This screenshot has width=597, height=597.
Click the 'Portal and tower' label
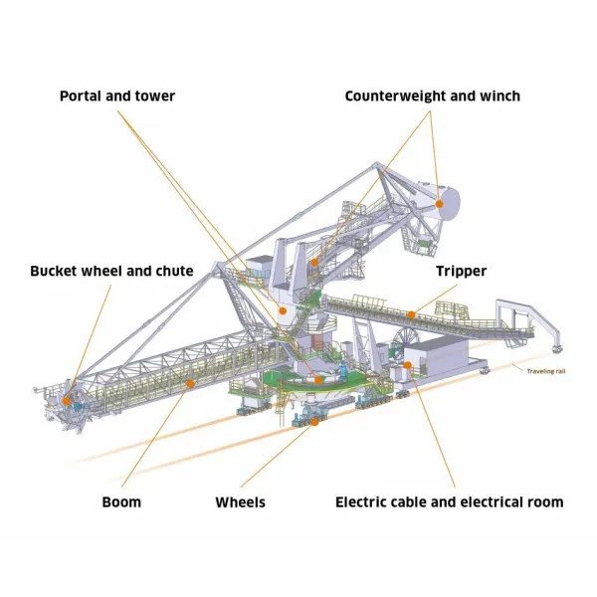pyautogui.click(x=117, y=97)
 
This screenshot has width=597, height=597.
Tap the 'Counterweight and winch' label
pyautogui.click(x=432, y=97)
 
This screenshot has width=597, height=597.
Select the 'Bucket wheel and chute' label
pyautogui.click(x=111, y=271)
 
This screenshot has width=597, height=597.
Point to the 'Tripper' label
pyautogui.click(x=460, y=271)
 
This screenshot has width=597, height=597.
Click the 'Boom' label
pyautogui.click(x=121, y=501)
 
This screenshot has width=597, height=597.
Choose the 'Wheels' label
pyautogui.click(x=241, y=501)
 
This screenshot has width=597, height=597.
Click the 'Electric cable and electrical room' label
pyautogui.click(x=450, y=501)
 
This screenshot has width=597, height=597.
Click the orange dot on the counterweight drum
pyautogui.click(x=438, y=203)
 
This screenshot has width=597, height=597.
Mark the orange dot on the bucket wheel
pyautogui.click(x=67, y=401)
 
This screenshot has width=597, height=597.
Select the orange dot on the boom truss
pyautogui.click(x=189, y=383)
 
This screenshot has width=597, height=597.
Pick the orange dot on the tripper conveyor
pyautogui.click(x=409, y=316)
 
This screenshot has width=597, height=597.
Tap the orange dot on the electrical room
pyautogui.click(x=408, y=365)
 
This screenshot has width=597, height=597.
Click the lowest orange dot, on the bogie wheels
pyautogui.click(x=314, y=422)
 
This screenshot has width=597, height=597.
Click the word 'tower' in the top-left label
pyautogui.click(x=154, y=97)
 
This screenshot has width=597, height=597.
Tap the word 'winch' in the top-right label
pyautogui.click(x=497, y=97)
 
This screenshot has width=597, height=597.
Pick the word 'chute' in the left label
pyautogui.click(x=172, y=271)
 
